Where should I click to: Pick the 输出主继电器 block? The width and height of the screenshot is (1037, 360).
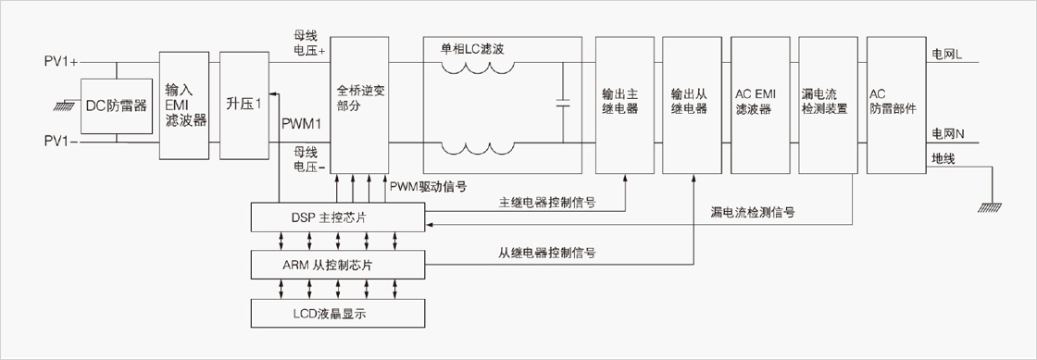(624, 105)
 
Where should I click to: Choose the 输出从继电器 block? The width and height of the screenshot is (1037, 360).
(692, 105)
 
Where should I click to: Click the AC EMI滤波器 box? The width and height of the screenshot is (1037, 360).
(759, 105)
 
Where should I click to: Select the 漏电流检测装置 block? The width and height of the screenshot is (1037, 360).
(827, 105)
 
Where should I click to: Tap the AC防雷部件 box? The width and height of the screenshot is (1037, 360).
(894, 105)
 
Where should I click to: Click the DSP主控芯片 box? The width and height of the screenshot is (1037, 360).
(337, 218)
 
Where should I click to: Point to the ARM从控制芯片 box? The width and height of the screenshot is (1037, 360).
(337, 266)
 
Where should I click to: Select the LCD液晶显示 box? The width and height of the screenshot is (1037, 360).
(337, 313)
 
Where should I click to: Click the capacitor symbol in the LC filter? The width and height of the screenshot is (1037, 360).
(564, 103)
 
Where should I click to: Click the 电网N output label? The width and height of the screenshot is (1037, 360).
(948, 134)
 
